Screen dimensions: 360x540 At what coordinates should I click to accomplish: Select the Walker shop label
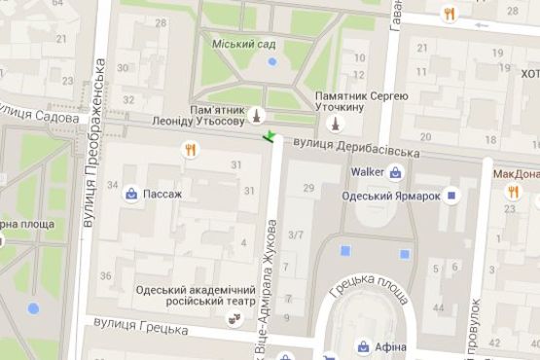click(367, 173)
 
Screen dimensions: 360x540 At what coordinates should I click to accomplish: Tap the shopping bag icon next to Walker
click(396, 173)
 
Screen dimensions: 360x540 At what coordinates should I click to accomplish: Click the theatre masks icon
click(234, 318)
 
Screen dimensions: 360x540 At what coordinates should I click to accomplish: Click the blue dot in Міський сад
click(272, 61)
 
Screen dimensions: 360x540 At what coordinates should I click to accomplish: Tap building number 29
click(309, 187)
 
